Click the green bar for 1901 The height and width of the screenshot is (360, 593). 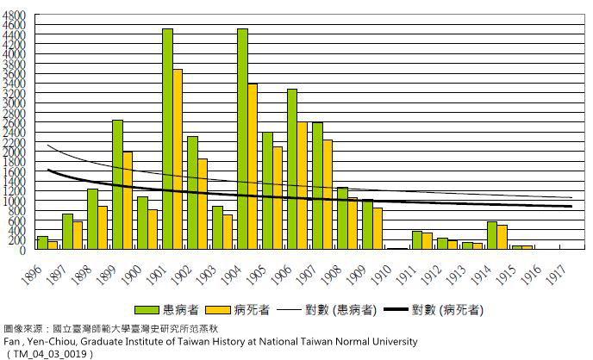click(x=167, y=139)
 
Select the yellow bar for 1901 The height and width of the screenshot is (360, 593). click(x=178, y=159)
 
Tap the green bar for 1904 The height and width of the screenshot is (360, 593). click(x=242, y=139)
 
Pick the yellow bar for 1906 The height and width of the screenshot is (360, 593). click(x=303, y=185)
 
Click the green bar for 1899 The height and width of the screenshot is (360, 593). click(x=117, y=184)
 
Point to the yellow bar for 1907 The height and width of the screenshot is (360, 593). click(x=328, y=194)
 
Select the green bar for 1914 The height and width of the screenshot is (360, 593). click(x=492, y=235)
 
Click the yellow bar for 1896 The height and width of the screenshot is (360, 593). click(x=53, y=245)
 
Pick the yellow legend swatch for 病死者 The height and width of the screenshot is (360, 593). click(x=220, y=307)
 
